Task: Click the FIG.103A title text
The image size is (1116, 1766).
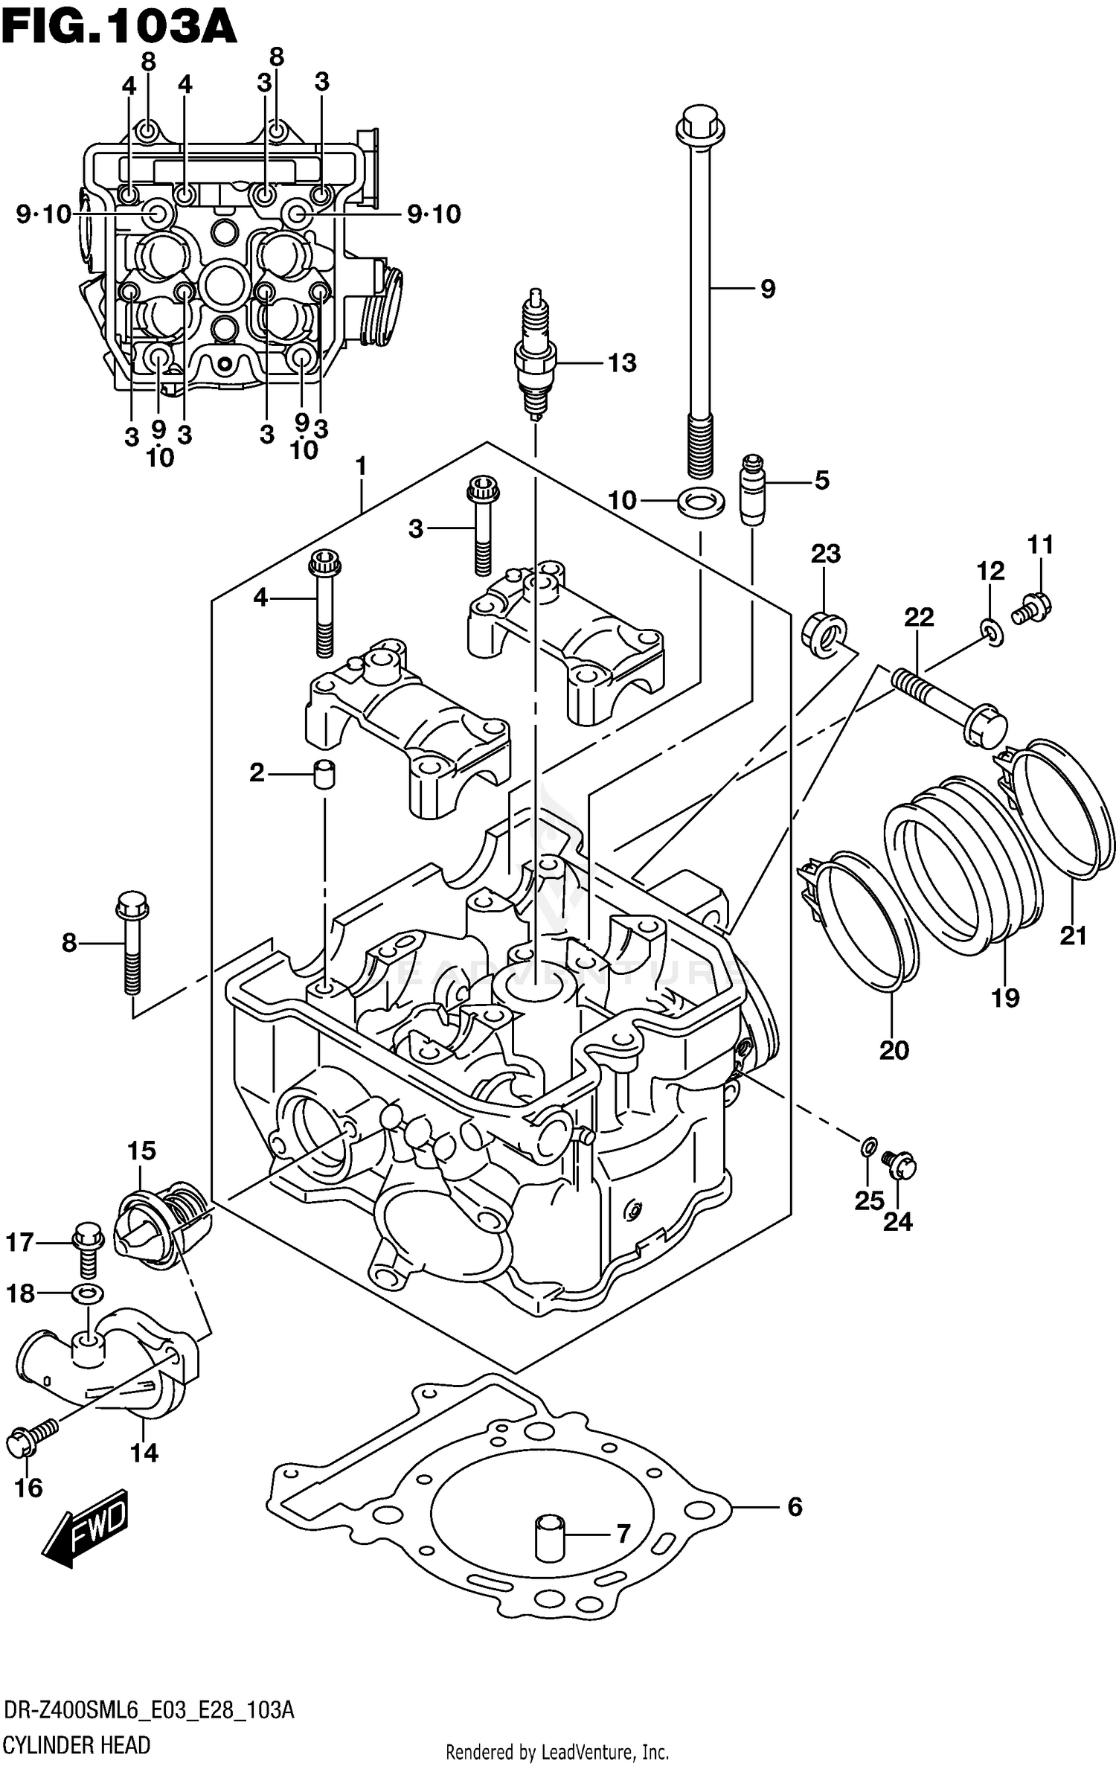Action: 119,28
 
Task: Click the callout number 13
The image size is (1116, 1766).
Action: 621,363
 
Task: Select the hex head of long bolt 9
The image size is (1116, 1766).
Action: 699,127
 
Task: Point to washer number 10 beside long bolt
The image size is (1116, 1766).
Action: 700,502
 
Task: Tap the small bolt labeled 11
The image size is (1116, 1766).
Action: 1033,607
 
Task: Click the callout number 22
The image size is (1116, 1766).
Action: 919,617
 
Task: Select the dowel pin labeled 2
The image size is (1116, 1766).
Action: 324,774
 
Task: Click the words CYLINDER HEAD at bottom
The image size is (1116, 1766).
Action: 77,1744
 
